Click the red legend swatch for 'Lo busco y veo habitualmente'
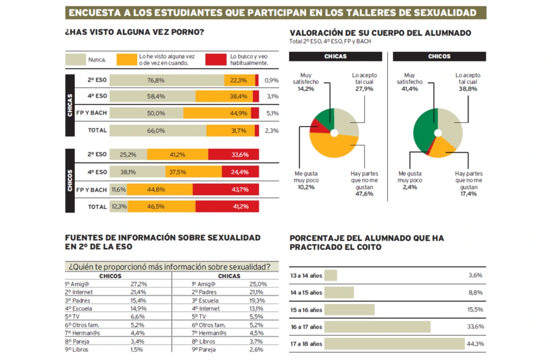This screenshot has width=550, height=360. point(216,59)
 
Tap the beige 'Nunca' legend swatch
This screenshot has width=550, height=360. point(75,59)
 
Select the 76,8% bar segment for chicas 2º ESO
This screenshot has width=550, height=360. point(167,80)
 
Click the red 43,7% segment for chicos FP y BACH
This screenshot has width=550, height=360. point(226,189)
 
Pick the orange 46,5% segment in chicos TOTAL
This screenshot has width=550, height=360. point(161,206)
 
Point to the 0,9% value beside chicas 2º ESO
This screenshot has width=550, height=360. point(272,80)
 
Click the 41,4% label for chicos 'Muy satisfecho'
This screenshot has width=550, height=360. point(410,89)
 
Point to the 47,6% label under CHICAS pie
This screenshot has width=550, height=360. point(364,194)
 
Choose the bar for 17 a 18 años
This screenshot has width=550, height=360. point(394,344)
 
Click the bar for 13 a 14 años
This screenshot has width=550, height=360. point(331,275)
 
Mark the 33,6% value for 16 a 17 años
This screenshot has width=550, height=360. point(475,326)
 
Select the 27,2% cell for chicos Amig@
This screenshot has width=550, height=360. point(139,284)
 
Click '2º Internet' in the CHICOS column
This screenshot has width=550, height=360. point(79,292)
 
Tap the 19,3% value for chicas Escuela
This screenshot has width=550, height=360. point(257,301)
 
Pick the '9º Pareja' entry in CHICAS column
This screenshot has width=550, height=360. point(204,350)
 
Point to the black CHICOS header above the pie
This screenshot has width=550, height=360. point(439,57)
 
